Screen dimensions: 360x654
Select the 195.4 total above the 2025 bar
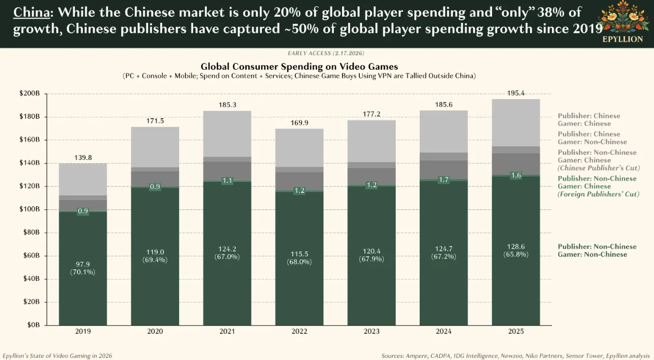click(x=515, y=93)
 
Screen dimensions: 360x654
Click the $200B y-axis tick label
click(x=30, y=94)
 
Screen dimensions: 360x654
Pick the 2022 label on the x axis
click(x=299, y=332)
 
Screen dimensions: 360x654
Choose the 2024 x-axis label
click(x=444, y=332)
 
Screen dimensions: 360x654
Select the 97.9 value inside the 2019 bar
click(x=83, y=264)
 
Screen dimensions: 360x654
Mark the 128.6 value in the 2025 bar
click(x=515, y=246)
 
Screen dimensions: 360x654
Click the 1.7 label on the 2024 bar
click(x=444, y=180)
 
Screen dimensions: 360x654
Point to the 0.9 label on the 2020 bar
click(x=155, y=187)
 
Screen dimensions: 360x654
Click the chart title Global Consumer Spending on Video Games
click(x=299, y=67)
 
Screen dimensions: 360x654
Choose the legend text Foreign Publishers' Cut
click(x=598, y=194)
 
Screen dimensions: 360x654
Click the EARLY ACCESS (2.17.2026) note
click(x=326, y=53)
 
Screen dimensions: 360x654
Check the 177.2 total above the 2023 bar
click(x=371, y=114)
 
